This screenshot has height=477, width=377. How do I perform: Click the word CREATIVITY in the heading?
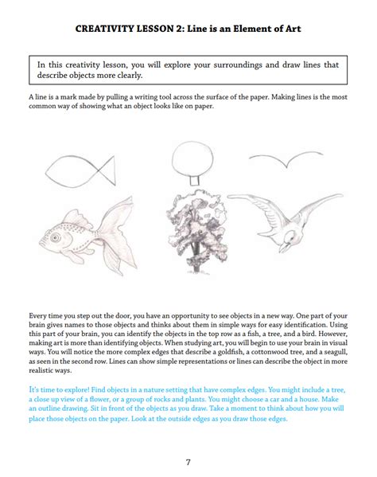click(106, 29)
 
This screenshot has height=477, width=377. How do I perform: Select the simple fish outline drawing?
click(76, 170)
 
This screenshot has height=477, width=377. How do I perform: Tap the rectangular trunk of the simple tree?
click(189, 182)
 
